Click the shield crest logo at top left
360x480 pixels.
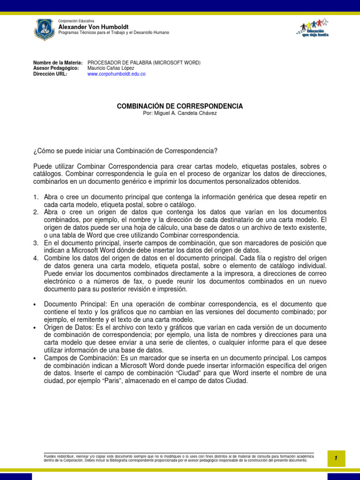(45, 29)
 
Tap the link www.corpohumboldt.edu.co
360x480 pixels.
(116, 74)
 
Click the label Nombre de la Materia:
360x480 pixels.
(58, 63)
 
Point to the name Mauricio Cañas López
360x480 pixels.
(111, 68)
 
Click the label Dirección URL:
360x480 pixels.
(50, 74)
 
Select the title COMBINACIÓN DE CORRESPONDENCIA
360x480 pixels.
(180, 106)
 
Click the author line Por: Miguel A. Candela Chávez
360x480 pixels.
(180, 113)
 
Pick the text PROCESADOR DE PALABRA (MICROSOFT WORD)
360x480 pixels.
(144, 63)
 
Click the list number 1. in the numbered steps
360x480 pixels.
(36, 197)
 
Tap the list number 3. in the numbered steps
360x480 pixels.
(36, 242)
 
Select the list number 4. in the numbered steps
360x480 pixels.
(36, 258)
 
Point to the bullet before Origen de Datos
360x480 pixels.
(35, 327)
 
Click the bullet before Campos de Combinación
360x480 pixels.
(35, 358)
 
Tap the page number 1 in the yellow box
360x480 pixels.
(336, 458)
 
